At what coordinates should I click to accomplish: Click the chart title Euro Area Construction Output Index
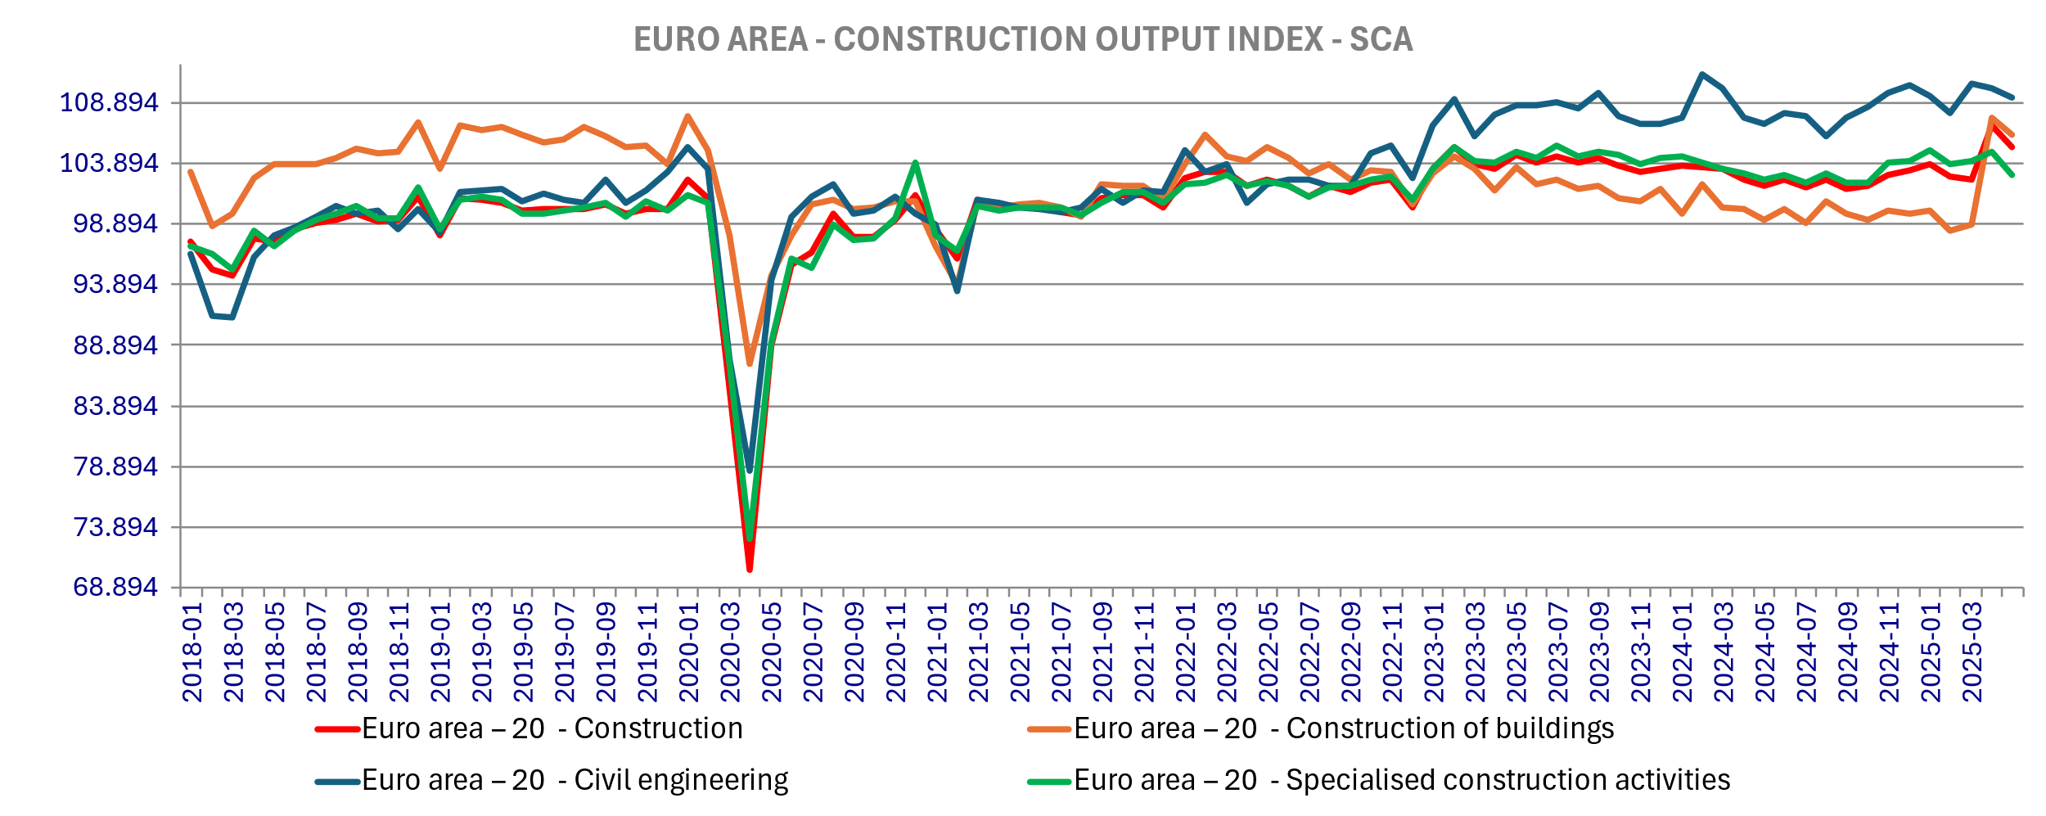(x=1023, y=39)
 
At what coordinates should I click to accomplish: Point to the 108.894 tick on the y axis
(x=109, y=103)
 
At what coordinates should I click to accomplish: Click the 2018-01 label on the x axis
(x=192, y=652)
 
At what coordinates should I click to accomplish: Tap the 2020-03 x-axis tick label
(x=730, y=652)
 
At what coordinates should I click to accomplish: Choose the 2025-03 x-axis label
(x=1972, y=652)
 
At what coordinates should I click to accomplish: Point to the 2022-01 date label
(x=1186, y=652)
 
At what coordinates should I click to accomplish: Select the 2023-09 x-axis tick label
(x=1600, y=652)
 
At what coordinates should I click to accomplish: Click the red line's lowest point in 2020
(x=750, y=569)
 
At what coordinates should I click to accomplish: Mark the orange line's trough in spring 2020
(x=750, y=363)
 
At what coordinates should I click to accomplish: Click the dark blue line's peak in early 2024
(x=1702, y=74)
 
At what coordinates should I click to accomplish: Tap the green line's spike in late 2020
(x=915, y=163)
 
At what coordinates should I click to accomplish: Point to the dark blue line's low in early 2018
(x=232, y=317)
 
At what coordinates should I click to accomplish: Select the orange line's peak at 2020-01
(x=688, y=116)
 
